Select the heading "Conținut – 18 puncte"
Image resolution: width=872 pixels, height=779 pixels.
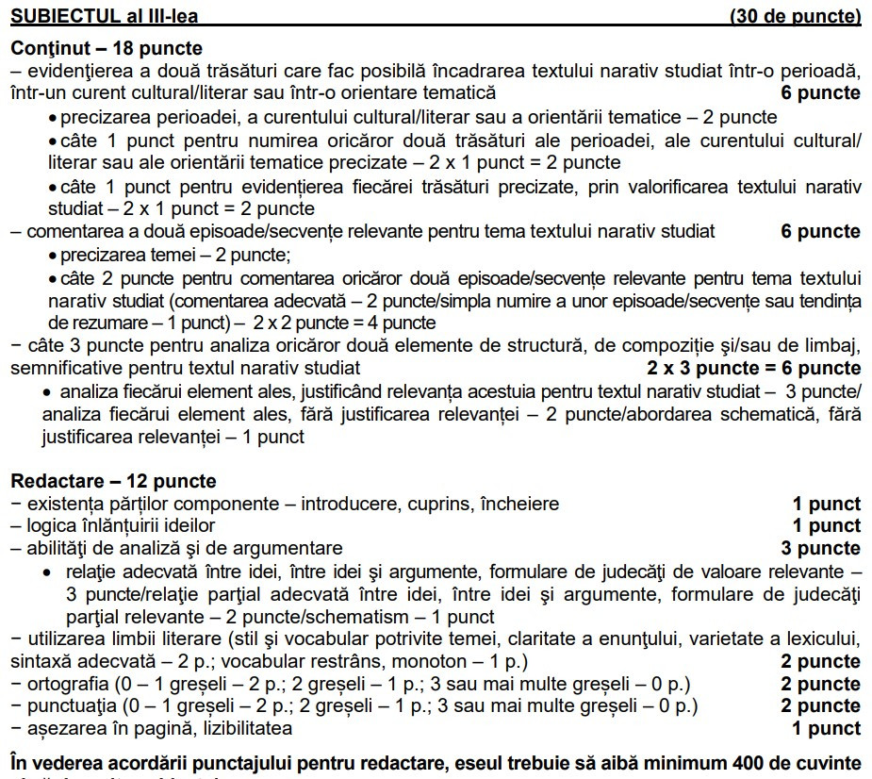(x=107, y=48)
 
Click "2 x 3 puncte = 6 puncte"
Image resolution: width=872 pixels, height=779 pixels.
(x=753, y=368)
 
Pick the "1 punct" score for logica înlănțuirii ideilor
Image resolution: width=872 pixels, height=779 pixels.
(x=826, y=526)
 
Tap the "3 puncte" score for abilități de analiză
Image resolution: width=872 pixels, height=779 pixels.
(x=820, y=549)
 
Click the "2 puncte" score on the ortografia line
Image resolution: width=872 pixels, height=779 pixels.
(x=820, y=684)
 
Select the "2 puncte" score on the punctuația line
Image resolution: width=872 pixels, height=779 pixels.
(x=820, y=706)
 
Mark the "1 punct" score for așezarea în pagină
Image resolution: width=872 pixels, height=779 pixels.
(x=826, y=728)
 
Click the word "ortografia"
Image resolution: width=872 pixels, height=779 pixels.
(x=67, y=684)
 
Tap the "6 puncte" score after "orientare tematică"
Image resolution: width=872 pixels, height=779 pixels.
(x=820, y=92)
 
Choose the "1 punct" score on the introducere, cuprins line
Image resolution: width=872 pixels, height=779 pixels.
(x=826, y=504)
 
